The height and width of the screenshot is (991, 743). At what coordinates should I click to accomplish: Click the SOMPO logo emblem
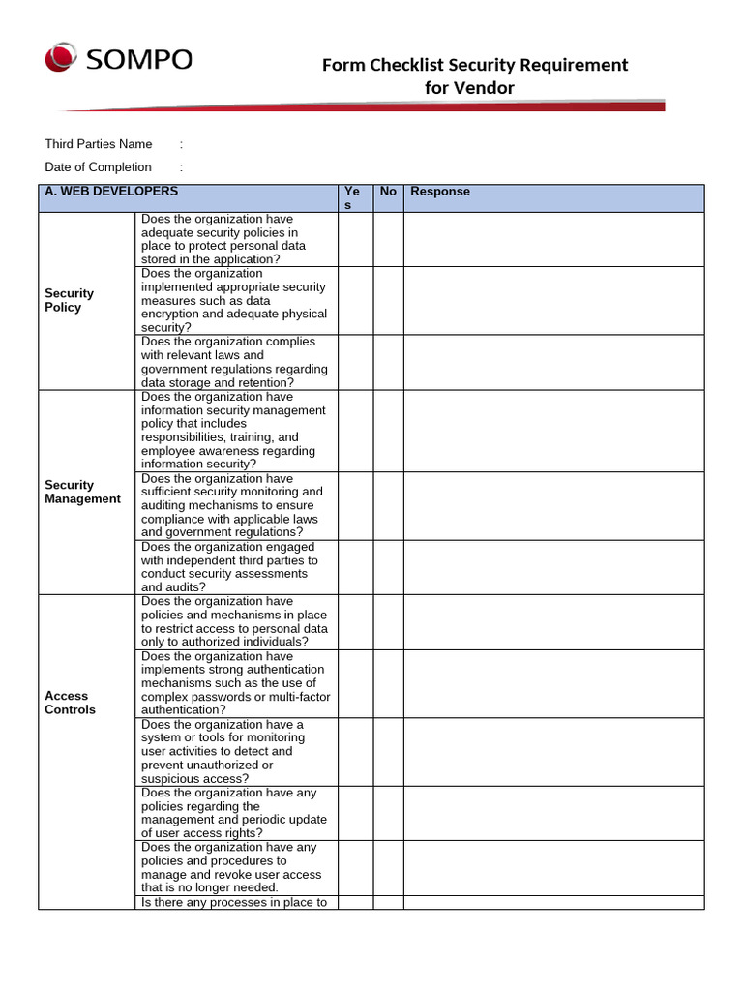(61, 57)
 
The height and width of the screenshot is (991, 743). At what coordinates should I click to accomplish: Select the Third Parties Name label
(99, 144)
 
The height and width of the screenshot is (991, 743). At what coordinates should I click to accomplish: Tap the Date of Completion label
(99, 167)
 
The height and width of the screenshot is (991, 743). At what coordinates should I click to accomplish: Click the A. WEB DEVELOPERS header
(111, 192)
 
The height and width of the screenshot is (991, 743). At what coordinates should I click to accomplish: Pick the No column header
(388, 192)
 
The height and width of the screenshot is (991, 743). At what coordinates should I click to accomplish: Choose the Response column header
(440, 192)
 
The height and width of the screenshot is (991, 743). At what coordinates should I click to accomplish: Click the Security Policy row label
(70, 300)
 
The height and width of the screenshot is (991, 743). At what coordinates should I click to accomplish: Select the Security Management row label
(82, 492)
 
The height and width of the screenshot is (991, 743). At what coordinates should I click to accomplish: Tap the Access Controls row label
(70, 703)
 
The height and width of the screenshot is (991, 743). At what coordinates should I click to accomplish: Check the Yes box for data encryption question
(355, 301)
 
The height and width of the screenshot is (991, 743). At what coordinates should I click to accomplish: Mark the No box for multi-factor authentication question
(388, 683)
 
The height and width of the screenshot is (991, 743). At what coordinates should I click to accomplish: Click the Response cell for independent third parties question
(553, 567)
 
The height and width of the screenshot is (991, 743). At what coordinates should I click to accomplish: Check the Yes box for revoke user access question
(355, 867)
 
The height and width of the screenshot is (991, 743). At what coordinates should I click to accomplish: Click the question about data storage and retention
(235, 362)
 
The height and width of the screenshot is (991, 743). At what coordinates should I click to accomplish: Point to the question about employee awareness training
(235, 431)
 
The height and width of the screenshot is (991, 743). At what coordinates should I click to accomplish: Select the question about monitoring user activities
(235, 751)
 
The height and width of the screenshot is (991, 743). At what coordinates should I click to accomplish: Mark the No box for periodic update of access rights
(388, 813)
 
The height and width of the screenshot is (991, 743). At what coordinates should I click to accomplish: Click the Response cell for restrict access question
(553, 621)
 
